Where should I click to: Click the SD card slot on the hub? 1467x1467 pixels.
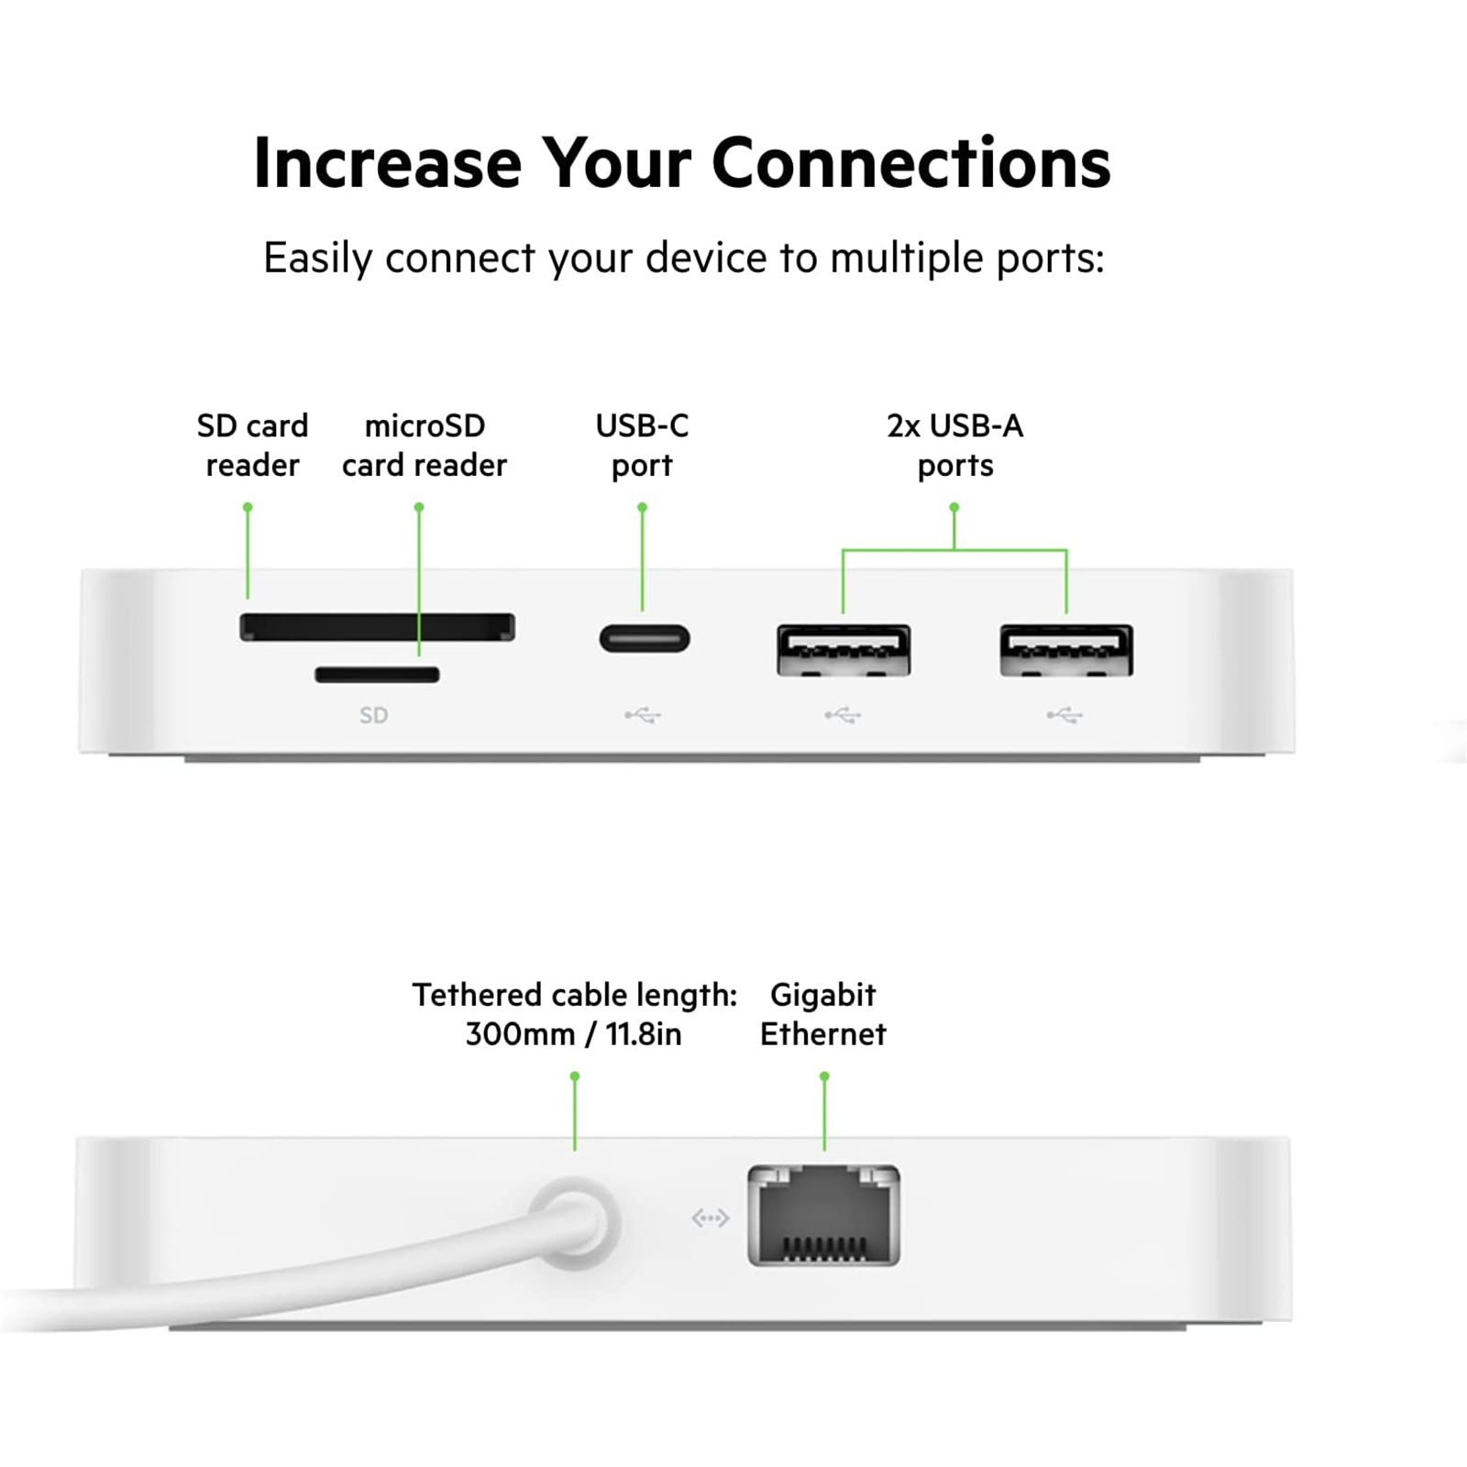tap(377, 627)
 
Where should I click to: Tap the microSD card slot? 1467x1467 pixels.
tap(377, 675)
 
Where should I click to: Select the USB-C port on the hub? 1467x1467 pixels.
tap(645, 638)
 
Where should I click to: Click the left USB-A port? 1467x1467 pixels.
tap(844, 650)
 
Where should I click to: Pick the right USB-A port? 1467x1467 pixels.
tap(1066, 650)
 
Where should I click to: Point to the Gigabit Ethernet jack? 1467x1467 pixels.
tap(823, 1216)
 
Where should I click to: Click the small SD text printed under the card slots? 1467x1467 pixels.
tap(373, 715)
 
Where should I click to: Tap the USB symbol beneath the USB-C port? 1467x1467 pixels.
tap(643, 715)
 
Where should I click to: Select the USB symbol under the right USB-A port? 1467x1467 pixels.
tap(1064, 715)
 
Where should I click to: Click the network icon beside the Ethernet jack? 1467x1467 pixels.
tap(711, 1218)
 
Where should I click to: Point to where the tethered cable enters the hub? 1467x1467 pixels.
tap(575, 1222)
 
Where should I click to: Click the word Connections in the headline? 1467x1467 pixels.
tap(911, 163)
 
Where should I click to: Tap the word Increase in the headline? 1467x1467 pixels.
tap(388, 163)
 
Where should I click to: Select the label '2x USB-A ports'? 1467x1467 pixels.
tap(955, 446)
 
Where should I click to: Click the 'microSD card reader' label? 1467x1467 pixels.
tap(425, 446)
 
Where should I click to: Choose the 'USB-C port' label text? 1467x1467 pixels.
tap(642, 446)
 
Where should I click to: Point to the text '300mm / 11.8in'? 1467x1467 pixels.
tap(574, 1034)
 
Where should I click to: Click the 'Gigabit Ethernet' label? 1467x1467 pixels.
tap(823, 1014)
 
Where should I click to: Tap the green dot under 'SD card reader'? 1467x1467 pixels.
tap(248, 506)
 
